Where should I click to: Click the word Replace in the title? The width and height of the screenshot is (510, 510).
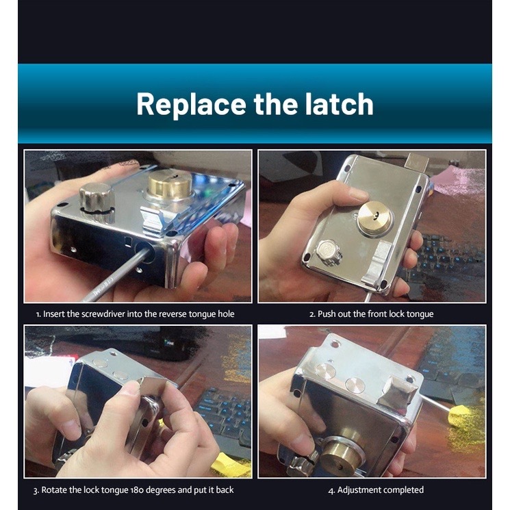pyautogui.click(x=191, y=104)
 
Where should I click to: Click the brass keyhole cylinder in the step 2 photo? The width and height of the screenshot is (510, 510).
pyautogui.click(x=374, y=217)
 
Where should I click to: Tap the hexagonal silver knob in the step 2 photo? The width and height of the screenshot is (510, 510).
pyautogui.click(x=328, y=253)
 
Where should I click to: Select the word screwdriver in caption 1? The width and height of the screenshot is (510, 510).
pyautogui.click(x=103, y=314)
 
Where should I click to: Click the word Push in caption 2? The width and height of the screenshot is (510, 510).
pyautogui.click(x=327, y=314)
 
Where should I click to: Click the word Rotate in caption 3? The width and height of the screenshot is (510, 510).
pyautogui.click(x=53, y=490)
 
